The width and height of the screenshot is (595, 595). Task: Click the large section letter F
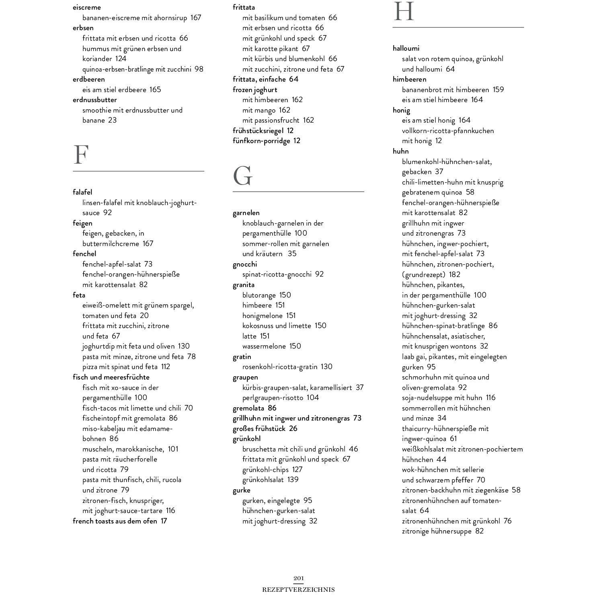pos(81,155)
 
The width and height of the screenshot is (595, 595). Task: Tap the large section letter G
pos(243,176)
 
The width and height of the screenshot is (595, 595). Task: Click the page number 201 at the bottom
pos(298,579)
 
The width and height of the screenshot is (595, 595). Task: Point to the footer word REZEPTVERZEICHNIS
pos(298,590)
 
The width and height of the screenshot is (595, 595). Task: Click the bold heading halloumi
pos(406,48)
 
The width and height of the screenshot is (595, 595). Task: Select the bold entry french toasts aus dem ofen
pos(115,521)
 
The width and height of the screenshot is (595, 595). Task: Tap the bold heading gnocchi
pos(244,264)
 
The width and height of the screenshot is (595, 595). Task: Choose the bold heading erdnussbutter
pos(94,100)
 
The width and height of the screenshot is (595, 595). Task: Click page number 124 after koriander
pos(121,59)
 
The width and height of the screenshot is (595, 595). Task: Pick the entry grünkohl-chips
pos(265,470)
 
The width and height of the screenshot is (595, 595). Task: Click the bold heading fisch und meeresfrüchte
pos(111,377)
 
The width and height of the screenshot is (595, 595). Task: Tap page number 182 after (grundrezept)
pos(454,275)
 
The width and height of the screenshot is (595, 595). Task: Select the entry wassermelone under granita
pos(264,346)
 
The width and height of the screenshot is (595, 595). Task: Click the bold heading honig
pos(401,110)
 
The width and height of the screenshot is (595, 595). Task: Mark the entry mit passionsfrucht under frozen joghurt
pos(271,120)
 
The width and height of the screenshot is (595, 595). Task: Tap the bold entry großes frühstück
pos(260,429)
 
